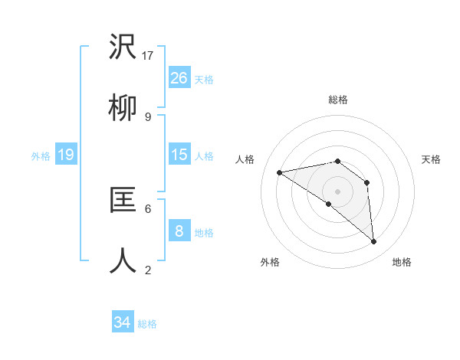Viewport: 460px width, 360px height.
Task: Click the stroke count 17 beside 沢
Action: click(149, 55)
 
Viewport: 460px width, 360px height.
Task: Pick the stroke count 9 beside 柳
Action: click(148, 116)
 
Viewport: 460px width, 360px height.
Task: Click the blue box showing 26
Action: click(179, 77)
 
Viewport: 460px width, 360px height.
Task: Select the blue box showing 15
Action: click(179, 155)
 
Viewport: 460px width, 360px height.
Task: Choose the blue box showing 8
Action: click(179, 231)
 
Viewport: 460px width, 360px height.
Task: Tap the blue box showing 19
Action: click(66, 155)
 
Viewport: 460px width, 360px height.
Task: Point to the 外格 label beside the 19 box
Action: click(41, 156)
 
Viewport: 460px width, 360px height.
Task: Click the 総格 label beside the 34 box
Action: click(147, 324)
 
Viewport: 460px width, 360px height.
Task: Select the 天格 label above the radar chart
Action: click(431, 159)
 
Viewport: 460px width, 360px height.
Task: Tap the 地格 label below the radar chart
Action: click(402, 262)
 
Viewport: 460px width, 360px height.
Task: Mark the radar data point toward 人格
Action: click(280, 172)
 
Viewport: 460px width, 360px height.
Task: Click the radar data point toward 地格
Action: click(373, 242)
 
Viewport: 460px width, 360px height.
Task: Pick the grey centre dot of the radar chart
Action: click(337, 191)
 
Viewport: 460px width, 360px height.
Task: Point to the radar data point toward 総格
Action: click(337, 161)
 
